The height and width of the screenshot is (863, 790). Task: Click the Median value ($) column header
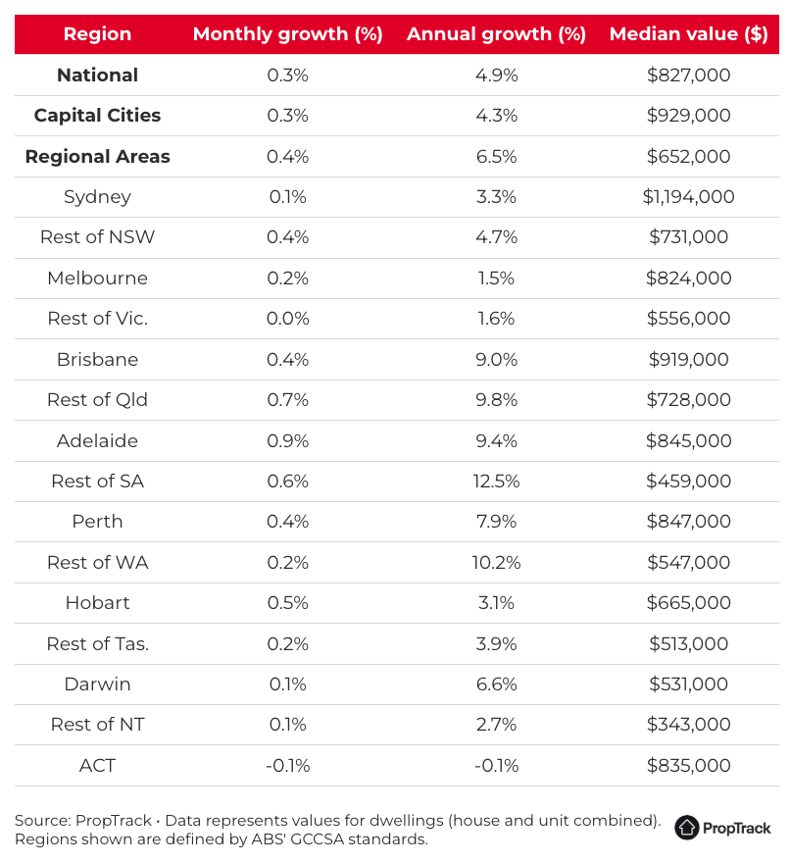[688, 34]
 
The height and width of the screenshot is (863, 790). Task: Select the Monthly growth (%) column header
[288, 34]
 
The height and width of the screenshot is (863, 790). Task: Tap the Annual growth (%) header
[496, 34]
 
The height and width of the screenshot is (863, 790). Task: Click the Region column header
[97, 34]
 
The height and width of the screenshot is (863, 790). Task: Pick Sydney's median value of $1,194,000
[688, 196]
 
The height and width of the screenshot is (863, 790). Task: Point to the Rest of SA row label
[97, 482]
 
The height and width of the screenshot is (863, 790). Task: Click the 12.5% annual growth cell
[496, 482]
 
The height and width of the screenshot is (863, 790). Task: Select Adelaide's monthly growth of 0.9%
[288, 441]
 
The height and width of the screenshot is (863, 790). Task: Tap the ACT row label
[97, 765]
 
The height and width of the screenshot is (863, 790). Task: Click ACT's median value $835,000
[688, 765]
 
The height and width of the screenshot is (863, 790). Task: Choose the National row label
[97, 75]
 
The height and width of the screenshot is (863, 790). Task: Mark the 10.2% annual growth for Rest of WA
[496, 563]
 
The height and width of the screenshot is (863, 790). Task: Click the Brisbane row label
[97, 359]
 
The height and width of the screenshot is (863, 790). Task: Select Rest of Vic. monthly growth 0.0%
[288, 318]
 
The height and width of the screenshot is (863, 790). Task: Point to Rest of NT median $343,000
[688, 725]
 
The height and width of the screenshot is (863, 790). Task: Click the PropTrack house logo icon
[686, 828]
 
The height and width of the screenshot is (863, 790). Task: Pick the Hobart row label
[97, 603]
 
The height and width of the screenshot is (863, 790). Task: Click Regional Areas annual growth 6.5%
[496, 156]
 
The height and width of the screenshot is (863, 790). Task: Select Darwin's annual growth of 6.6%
[496, 685]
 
